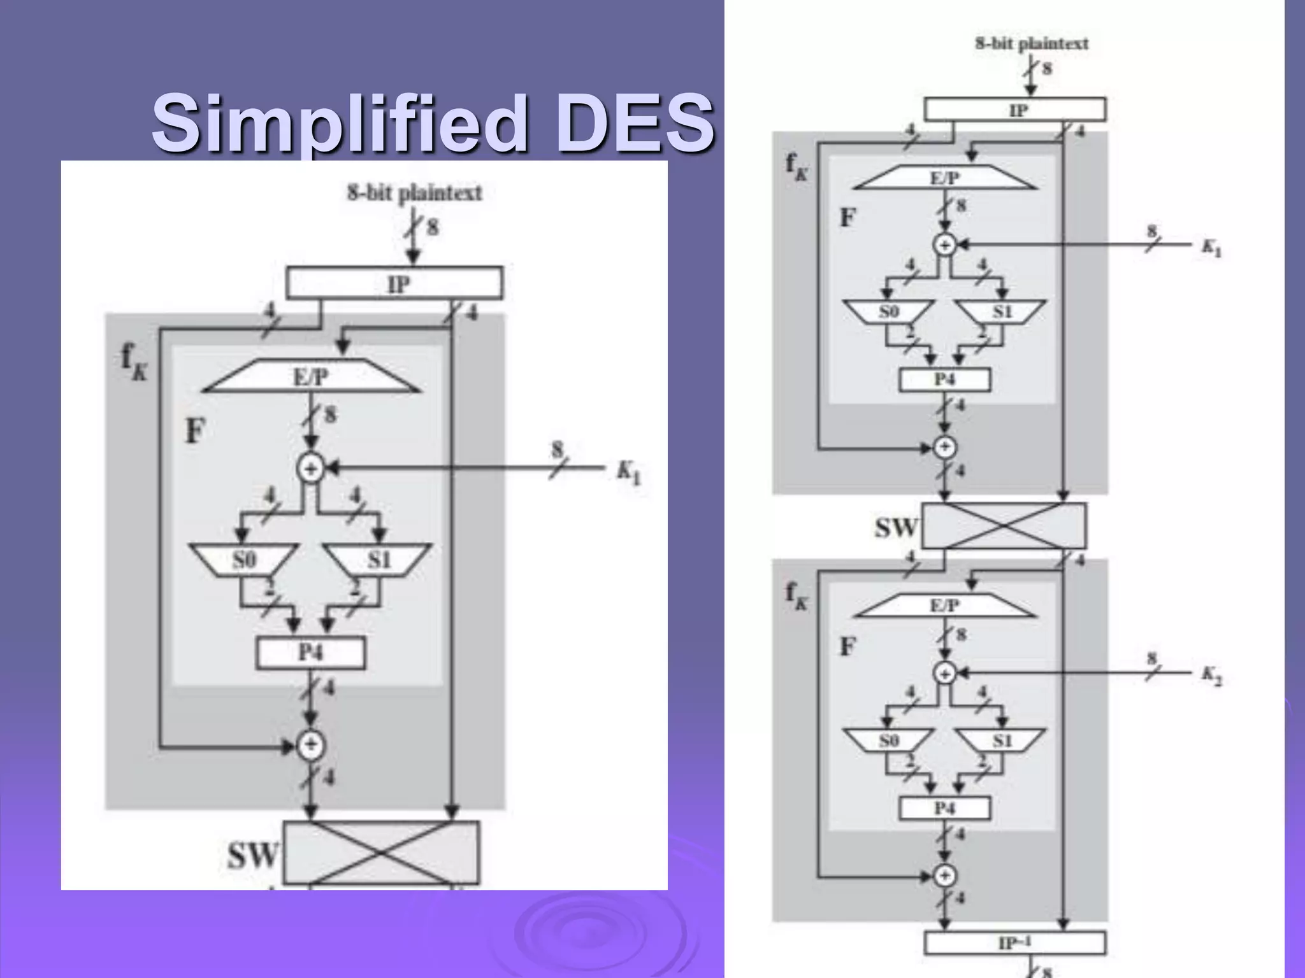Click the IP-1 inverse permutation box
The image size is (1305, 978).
(x=1015, y=942)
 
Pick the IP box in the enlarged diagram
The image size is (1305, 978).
(x=394, y=283)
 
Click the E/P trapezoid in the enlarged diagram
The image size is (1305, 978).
(x=312, y=377)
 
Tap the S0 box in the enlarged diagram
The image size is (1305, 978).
(x=244, y=560)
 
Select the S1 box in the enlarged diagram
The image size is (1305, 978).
(x=378, y=560)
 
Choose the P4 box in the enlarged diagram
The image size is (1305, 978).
(x=311, y=653)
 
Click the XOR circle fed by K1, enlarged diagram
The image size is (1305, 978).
(x=311, y=469)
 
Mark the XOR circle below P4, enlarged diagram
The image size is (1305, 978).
(x=311, y=746)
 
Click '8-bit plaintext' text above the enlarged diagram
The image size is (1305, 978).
(x=414, y=192)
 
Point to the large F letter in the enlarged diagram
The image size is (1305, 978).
(x=194, y=431)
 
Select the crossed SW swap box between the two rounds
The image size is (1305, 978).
(x=1004, y=526)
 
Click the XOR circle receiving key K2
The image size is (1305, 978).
(x=944, y=673)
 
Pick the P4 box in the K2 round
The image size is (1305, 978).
(x=945, y=808)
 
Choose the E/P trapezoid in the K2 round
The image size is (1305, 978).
(x=944, y=605)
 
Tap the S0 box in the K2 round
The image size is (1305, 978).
(x=888, y=740)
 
